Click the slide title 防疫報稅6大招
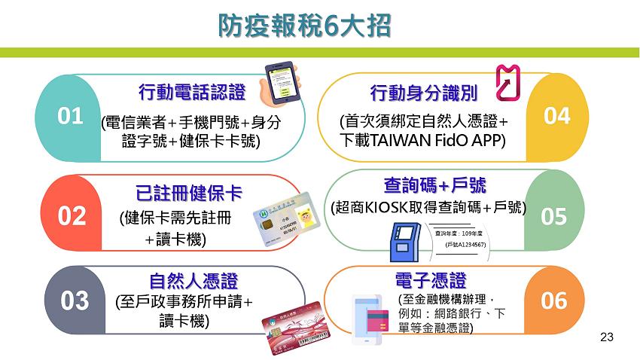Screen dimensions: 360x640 click(x=304, y=26)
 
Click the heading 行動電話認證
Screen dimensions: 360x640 click(x=193, y=93)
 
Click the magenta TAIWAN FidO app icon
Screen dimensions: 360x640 click(x=507, y=82)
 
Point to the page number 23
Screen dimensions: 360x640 click(x=607, y=337)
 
